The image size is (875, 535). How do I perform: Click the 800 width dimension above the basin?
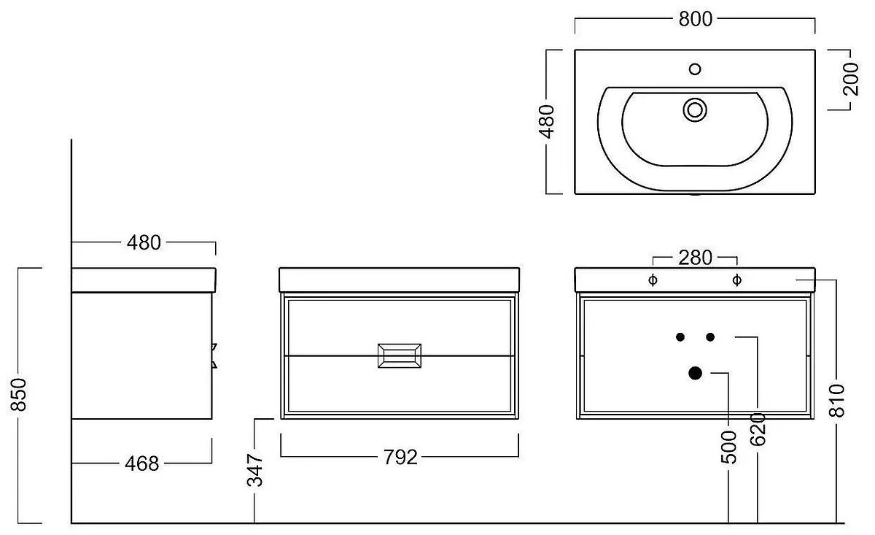[x=696, y=19]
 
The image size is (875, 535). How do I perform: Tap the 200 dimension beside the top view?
[x=851, y=79]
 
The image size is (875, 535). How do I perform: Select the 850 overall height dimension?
[x=18, y=395]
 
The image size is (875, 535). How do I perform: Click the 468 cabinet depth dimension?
[x=141, y=463]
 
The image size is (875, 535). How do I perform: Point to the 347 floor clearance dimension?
[x=255, y=470]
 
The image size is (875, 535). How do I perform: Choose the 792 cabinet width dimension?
[x=400, y=457]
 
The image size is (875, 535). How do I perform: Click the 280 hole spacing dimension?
[x=695, y=258]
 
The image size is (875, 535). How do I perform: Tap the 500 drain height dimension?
[x=728, y=447]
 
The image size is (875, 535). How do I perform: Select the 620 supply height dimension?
[x=758, y=429]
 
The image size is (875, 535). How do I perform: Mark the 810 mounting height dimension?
[x=837, y=401]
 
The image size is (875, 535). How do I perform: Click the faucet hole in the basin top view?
[x=695, y=69]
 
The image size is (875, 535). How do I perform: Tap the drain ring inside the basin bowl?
[x=695, y=110]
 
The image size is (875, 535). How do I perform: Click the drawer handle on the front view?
[x=400, y=355]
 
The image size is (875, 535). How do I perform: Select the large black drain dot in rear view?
[x=695, y=373]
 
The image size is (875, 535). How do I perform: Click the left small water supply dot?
[x=680, y=337]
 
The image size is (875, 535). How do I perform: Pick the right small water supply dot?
[x=710, y=337]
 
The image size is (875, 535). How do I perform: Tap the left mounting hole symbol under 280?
[x=653, y=280]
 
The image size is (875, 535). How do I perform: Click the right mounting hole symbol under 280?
[x=737, y=280]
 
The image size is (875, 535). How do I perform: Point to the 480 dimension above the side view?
[x=144, y=243]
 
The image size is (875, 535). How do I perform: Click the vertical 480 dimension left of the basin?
[x=546, y=122]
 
